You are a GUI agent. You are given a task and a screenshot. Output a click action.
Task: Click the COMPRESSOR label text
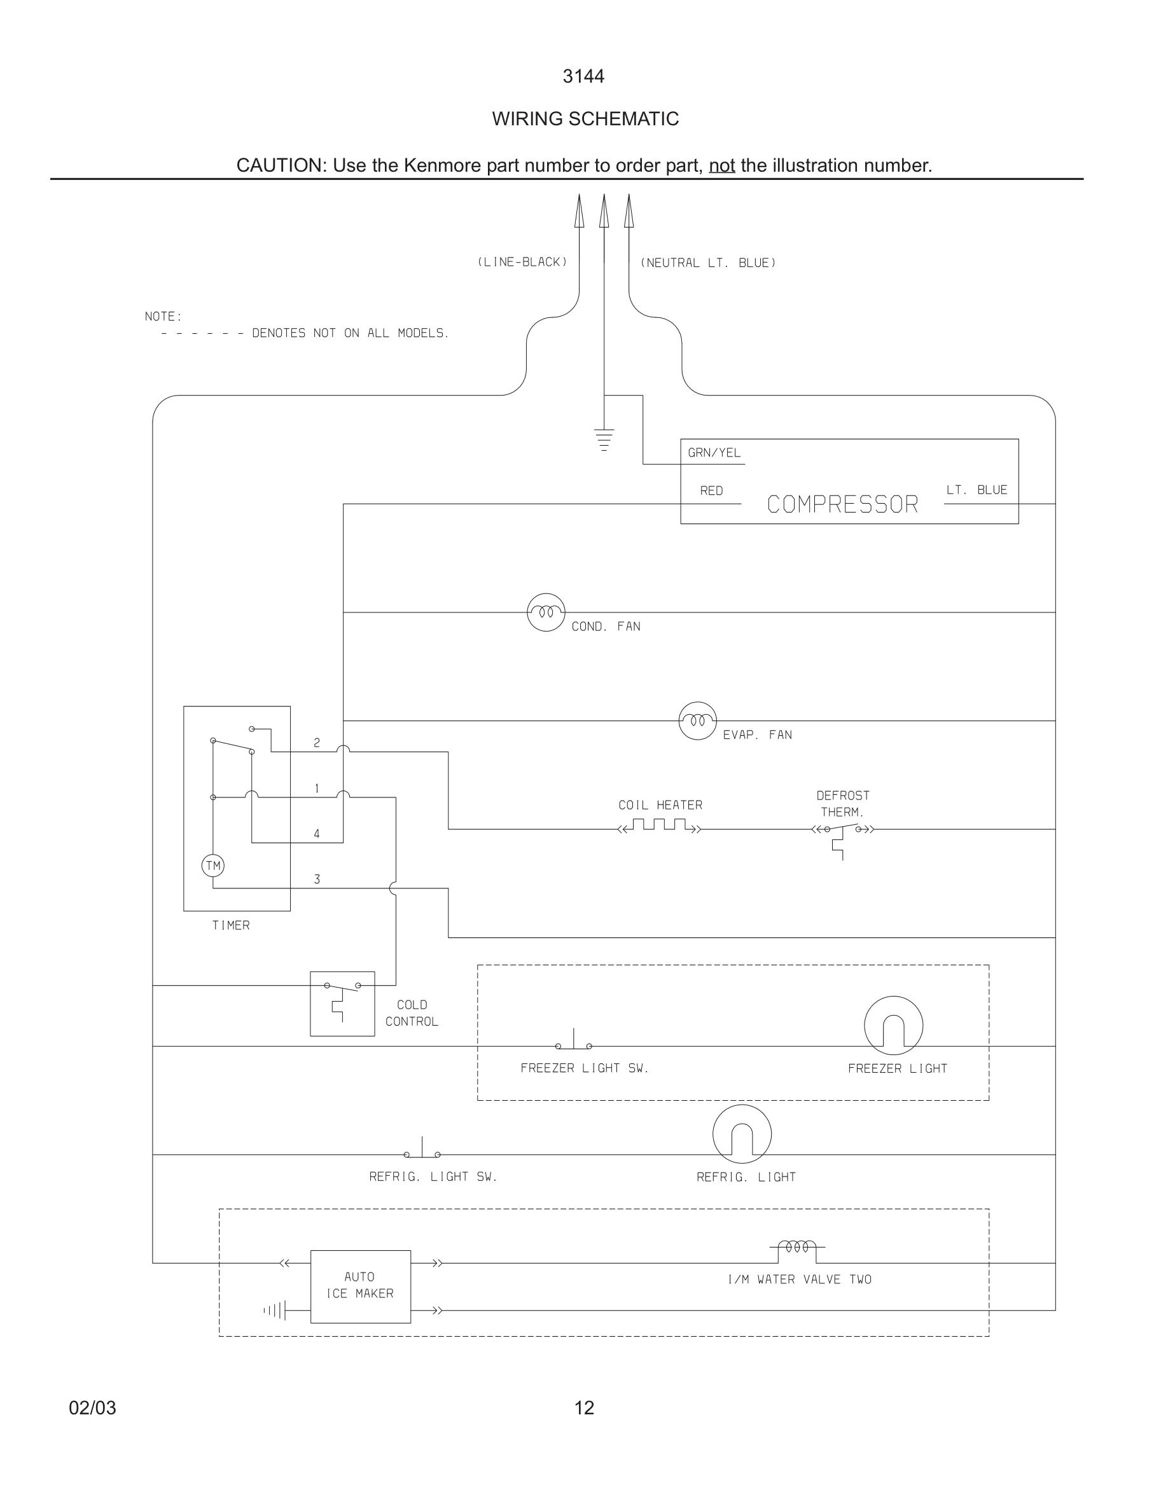click(x=842, y=504)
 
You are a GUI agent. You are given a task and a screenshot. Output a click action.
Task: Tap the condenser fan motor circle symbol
click(x=546, y=612)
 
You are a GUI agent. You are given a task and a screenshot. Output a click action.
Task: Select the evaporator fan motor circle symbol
click(x=697, y=721)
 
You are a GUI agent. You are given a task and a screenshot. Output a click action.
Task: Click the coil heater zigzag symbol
click(x=660, y=826)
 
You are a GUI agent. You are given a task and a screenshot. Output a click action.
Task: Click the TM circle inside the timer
click(x=213, y=866)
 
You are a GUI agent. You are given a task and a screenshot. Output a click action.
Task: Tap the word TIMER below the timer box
click(x=230, y=926)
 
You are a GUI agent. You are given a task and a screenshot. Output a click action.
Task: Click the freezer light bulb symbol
click(x=893, y=1025)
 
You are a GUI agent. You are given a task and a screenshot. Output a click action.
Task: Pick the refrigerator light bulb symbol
click(x=742, y=1134)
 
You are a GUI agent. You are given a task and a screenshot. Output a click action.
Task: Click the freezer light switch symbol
click(x=574, y=1042)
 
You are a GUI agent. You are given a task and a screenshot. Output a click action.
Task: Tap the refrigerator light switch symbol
click(x=422, y=1150)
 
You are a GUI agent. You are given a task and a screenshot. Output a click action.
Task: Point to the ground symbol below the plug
click(x=604, y=439)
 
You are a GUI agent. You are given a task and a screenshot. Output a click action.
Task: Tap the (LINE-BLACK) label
click(x=522, y=262)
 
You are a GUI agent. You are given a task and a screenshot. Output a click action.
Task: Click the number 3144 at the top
click(x=583, y=77)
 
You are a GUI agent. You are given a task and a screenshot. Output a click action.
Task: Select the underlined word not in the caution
click(x=721, y=166)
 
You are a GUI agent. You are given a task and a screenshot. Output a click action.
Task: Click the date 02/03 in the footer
click(x=93, y=1408)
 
